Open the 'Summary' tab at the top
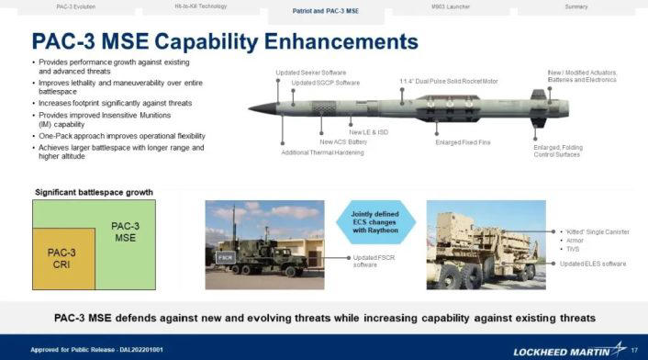(576, 6)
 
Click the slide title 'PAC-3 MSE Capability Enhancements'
(225, 42)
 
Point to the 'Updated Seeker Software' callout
(310, 73)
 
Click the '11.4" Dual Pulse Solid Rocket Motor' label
(449, 81)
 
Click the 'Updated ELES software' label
(594, 263)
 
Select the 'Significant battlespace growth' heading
(95, 192)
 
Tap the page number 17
(634, 348)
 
